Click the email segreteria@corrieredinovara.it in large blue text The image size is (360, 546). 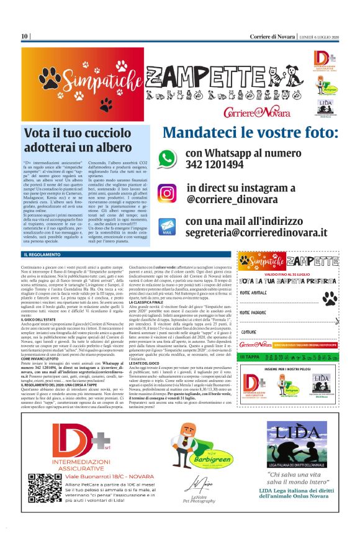click(x=256, y=232)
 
